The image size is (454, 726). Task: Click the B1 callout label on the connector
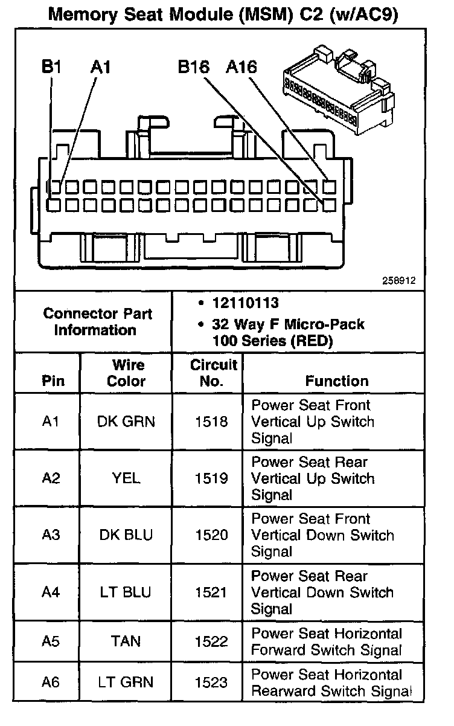51,67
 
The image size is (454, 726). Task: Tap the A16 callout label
241,67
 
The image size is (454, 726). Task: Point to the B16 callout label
193,67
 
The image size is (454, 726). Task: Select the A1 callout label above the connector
101,67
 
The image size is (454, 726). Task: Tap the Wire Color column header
127,373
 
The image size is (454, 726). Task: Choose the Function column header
336,381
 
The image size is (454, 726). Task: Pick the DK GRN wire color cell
126,422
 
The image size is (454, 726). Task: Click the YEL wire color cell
126,478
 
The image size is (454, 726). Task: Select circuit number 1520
211,535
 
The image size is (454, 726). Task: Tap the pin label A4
51,593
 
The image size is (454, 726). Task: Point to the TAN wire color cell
126,641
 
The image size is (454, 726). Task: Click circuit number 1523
211,683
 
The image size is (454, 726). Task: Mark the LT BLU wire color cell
126,593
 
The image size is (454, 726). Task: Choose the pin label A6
51,683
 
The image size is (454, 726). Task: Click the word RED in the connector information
310,341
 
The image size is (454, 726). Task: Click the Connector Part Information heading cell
97,322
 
